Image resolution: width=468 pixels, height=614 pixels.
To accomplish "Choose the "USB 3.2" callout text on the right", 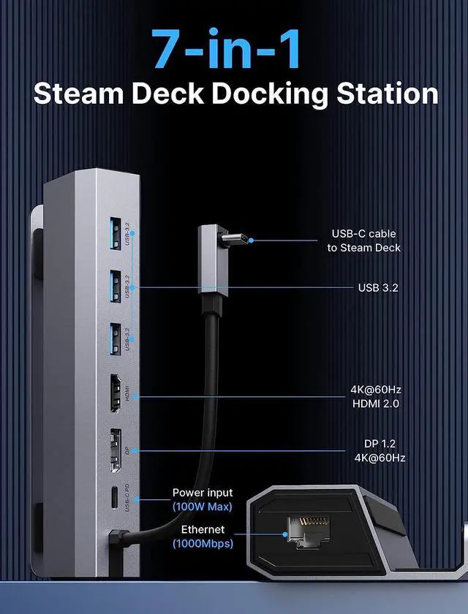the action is (x=378, y=287).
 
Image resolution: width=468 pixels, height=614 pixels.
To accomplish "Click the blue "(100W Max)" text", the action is (x=202, y=507).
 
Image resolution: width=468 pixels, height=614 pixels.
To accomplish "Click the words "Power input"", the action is (x=203, y=493).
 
